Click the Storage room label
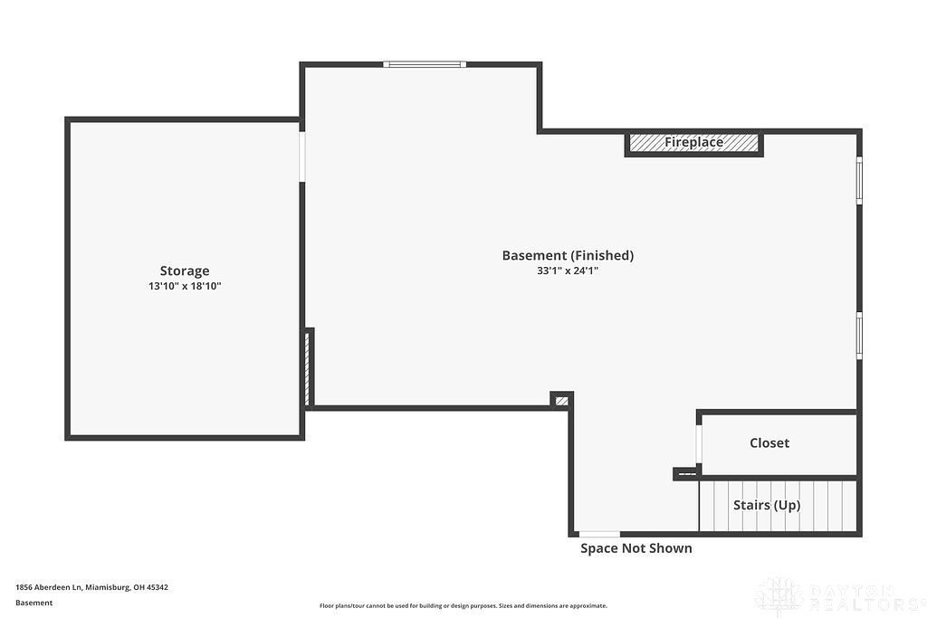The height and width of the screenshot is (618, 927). (x=185, y=271)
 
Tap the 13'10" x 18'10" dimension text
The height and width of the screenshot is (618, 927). (x=185, y=286)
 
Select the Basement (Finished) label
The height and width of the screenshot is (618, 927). (x=568, y=255)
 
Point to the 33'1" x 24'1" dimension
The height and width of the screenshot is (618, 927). (x=568, y=271)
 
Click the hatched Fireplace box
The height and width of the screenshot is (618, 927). (x=693, y=143)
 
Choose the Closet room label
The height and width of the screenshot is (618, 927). (x=769, y=442)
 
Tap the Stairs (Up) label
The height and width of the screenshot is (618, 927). (x=766, y=505)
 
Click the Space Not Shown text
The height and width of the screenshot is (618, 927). (x=636, y=548)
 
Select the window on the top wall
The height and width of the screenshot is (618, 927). (x=424, y=64)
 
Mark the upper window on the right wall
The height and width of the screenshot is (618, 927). (x=859, y=180)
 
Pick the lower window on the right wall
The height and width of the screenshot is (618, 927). (x=859, y=336)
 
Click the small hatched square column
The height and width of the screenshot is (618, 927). (x=561, y=399)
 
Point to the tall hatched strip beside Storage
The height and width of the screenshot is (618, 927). (x=309, y=367)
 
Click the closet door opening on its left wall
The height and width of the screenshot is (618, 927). (x=699, y=444)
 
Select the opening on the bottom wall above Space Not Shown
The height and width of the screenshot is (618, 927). (x=599, y=534)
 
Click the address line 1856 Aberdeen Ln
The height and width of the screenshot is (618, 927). (x=91, y=587)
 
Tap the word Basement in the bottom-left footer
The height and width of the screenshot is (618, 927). (x=34, y=603)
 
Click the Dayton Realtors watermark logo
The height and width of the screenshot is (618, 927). (x=837, y=595)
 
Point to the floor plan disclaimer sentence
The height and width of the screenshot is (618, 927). (x=463, y=606)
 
